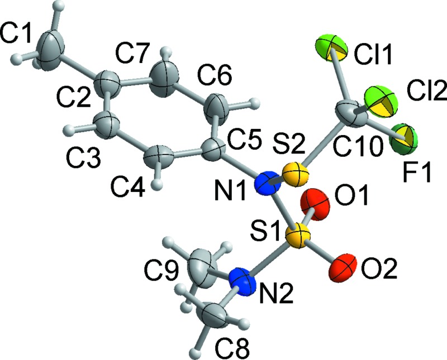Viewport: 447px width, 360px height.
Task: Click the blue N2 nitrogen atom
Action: (x=244, y=281)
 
